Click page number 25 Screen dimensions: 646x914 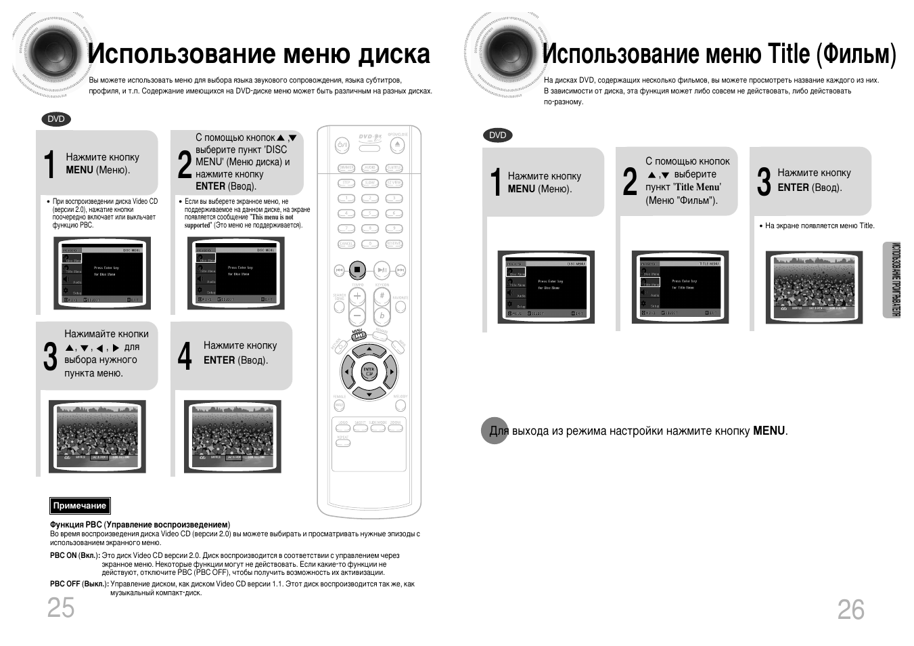tap(61, 608)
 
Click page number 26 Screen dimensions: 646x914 tap(850, 610)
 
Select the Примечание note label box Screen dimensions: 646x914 tap(80, 506)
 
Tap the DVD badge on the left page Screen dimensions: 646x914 tap(56, 119)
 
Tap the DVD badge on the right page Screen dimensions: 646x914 tap(497, 135)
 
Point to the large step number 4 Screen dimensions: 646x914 tap(185, 356)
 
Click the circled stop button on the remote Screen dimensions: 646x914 tap(357, 270)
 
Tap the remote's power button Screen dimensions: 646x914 tap(342, 145)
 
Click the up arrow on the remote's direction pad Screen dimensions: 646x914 tap(369, 350)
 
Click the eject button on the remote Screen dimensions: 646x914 tap(398, 145)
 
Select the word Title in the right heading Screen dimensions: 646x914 tap(788, 54)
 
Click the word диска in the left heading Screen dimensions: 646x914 tap(394, 54)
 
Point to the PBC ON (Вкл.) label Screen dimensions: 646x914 tap(74, 555)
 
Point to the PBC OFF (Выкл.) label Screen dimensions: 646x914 tap(78, 584)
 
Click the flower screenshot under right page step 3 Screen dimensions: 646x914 tap(814, 287)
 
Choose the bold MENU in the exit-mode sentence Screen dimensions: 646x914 tap(769, 431)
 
